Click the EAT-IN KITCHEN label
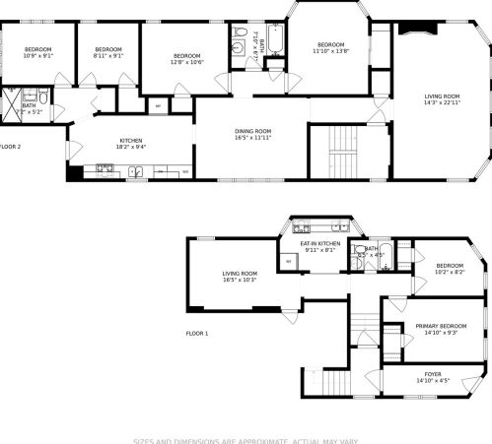tap(320, 243)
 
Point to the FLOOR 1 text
tap(198, 334)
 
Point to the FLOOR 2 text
tap(10, 147)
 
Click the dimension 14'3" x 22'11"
tap(442, 103)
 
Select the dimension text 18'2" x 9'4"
tap(132, 147)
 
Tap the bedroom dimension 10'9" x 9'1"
tap(38, 56)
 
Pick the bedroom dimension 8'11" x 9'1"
tap(107, 56)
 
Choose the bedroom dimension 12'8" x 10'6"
tap(187, 62)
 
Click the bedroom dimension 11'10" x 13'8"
tap(330, 50)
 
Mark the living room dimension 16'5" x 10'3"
tap(239, 280)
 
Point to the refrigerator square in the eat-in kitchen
tap(288, 261)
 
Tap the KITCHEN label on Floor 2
tap(132, 141)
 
